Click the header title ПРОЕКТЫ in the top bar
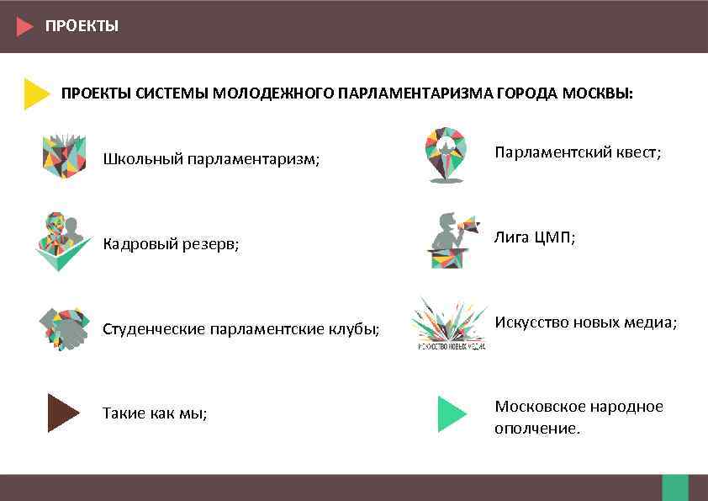tap(82, 26)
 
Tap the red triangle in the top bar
tap(24, 26)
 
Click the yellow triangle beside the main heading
tap(36, 93)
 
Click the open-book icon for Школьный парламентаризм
tap(64, 156)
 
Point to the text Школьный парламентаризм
tap(211, 159)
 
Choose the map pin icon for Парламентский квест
tap(445, 154)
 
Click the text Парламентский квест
tap(578, 152)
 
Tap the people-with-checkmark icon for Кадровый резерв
tap(63, 242)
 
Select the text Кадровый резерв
tap(171, 244)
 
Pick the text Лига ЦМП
tap(535, 237)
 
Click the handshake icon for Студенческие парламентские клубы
tap(64, 328)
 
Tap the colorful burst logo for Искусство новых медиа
tap(450, 322)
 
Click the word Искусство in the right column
tap(530, 322)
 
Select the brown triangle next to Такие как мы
tap(62, 413)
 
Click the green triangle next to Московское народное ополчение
tap(452, 413)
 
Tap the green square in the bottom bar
tap(674, 488)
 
